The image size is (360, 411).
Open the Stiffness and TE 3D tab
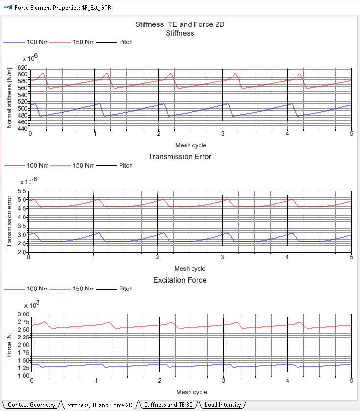click(x=169, y=405)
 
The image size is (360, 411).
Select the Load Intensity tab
click(x=222, y=405)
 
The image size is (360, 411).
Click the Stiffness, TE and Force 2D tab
click(x=100, y=405)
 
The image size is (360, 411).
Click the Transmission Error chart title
click(x=180, y=157)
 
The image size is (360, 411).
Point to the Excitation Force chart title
click(x=180, y=280)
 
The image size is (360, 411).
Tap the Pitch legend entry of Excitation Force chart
click(x=125, y=289)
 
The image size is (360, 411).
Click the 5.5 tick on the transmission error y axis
click(x=22, y=191)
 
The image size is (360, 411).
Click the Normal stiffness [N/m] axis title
click(x=9, y=98)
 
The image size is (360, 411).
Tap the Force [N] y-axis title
click(x=9, y=345)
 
